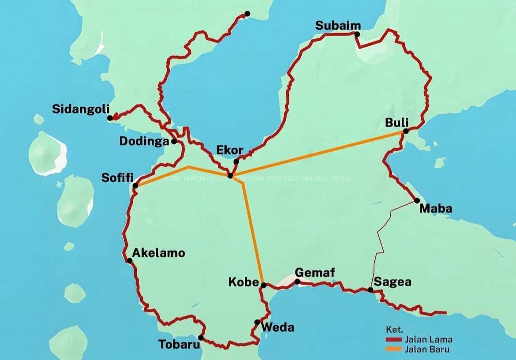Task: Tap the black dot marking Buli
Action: [x=406, y=131]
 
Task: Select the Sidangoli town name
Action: [x=80, y=109]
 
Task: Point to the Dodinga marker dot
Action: [x=174, y=141]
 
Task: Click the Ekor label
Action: [x=229, y=150]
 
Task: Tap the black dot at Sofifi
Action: [x=135, y=186]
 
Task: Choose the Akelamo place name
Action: [x=159, y=253]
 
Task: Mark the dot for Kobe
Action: [x=264, y=285]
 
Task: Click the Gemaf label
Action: [x=314, y=273]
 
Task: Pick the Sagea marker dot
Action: [x=370, y=290]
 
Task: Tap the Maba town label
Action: [x=436, y=208]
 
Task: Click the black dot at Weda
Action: [x=257, y=322]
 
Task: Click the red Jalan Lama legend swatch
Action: [x=393, y=340]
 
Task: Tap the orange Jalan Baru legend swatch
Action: [x=393, y=349]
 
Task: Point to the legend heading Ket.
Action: [x=394, y=330]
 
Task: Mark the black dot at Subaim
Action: [x=357, y=34]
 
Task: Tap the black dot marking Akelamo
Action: [x=130, y=261]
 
